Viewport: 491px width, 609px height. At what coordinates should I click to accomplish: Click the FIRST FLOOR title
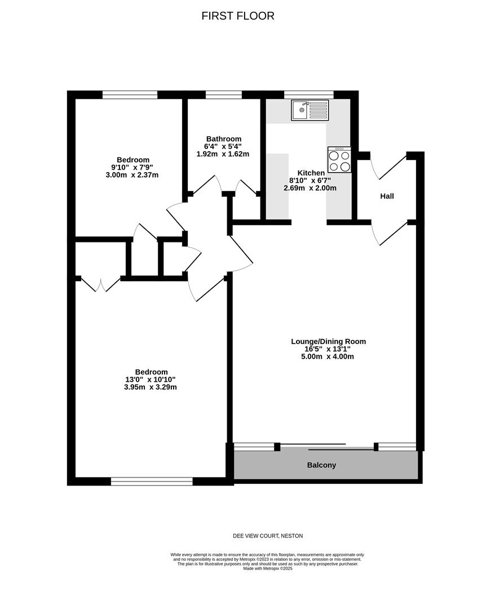[x=238, y=16]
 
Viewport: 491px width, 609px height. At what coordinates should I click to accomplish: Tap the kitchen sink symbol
[x=309, y=110]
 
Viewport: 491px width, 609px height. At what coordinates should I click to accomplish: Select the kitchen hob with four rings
[x=339, y=160]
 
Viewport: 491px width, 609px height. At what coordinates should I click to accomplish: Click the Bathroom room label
[x=223, y=139]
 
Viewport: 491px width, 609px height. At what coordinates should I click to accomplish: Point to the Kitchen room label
[x=311, y=173]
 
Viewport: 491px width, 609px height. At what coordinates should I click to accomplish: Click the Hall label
[x=387, y=196]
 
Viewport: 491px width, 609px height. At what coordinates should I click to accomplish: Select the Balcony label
[x=321, y=465]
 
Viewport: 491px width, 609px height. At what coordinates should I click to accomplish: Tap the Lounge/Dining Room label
[x=328, y=341]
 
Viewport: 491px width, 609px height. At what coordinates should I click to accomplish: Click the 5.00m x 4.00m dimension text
[x=328, y=356]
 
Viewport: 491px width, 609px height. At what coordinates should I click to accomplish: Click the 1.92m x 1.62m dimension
[x=223, y=153]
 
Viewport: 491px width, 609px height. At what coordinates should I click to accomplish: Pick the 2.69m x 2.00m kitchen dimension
[x=310, y=188]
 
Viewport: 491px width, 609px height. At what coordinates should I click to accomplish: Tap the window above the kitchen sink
[x=308, y=94]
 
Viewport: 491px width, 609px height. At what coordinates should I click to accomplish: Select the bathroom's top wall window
[x=223, y=94]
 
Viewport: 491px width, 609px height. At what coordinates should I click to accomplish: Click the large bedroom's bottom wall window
[x=152, y=481]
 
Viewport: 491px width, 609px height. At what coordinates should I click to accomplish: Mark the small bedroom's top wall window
[x=130, y=94]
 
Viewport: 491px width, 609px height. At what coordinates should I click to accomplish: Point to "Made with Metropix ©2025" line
[x=268, y=568]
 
